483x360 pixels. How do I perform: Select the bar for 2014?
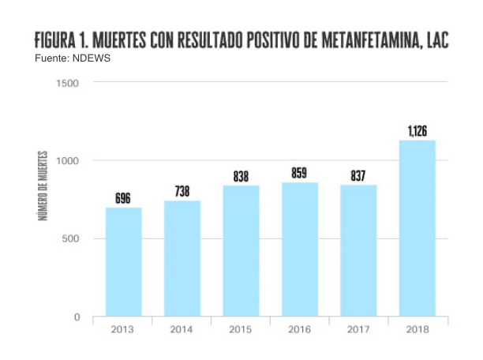coord(182,258)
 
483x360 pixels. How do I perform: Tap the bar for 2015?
coord(241,250)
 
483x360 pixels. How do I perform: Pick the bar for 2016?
coord(299,249)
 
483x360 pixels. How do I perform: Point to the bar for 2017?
coord(358,250)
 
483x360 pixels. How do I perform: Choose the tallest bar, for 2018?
coord(417,228)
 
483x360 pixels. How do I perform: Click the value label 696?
coord(123,199)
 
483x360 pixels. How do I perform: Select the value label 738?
coord(182,192)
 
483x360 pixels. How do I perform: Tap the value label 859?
coord(299,174)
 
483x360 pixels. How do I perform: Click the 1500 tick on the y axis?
coord(69,83)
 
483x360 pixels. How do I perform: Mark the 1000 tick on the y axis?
coord(69,161)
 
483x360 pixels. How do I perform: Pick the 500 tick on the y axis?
coord(73,239)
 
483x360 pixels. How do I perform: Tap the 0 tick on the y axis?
coord(77,317)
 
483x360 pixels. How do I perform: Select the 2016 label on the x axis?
coord(299,329)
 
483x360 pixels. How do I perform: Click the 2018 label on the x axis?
coord(417,329)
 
